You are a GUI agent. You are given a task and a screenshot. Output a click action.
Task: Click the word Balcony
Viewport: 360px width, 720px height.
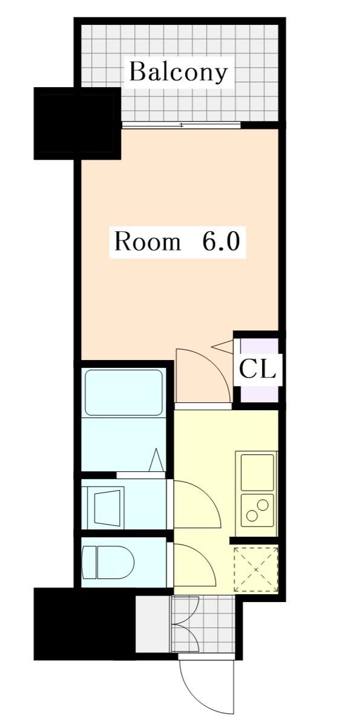click(178, 73)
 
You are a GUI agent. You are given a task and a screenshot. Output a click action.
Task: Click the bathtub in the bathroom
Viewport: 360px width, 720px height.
click(123, 393)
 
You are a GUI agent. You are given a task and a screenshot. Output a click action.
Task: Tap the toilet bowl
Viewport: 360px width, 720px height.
click(108, 562)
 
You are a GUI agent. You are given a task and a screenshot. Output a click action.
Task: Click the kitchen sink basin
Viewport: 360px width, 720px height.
click(257, 471)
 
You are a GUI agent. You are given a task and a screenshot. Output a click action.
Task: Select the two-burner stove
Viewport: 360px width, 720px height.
click(257, 510)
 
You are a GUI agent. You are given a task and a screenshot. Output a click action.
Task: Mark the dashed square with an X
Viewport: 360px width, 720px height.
click(256, 569)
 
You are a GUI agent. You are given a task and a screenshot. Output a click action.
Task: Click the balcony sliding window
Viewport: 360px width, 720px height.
click(182, 125)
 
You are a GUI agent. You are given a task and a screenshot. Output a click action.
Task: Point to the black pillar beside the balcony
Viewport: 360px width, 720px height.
click(77, 123)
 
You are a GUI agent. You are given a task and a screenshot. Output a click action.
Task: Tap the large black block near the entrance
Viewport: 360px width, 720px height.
click(85, 624)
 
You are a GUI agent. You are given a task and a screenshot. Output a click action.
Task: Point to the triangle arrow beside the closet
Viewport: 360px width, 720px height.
click(222, 347)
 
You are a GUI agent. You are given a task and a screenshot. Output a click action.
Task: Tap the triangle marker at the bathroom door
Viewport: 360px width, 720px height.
click(156, 460)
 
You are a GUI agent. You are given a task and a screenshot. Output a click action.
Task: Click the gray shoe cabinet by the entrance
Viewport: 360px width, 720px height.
click(153, 624)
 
